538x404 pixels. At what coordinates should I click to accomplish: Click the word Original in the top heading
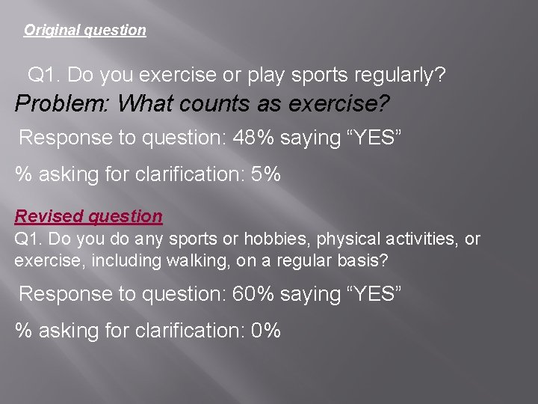point(52,31)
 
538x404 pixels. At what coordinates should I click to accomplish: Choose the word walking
point(185,261)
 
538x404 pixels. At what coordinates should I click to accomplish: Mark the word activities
point(423,239)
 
